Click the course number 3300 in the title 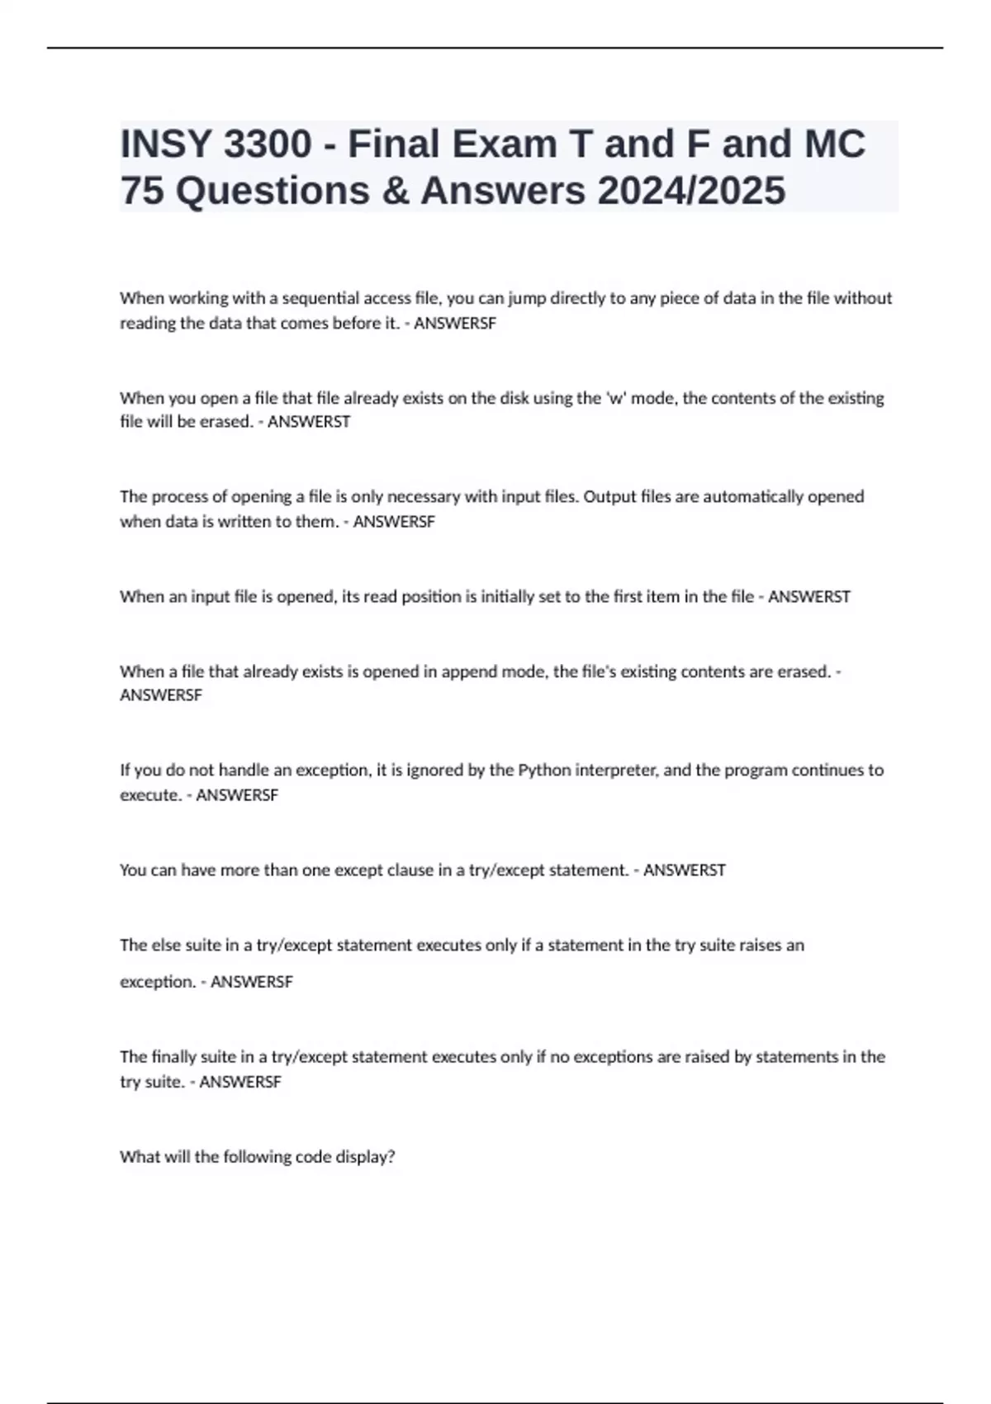(x=268, y=145)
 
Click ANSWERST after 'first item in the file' (x=808, y=597)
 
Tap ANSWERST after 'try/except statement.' (x=684, y=870)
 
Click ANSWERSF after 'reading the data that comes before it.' (x=454, y=324)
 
